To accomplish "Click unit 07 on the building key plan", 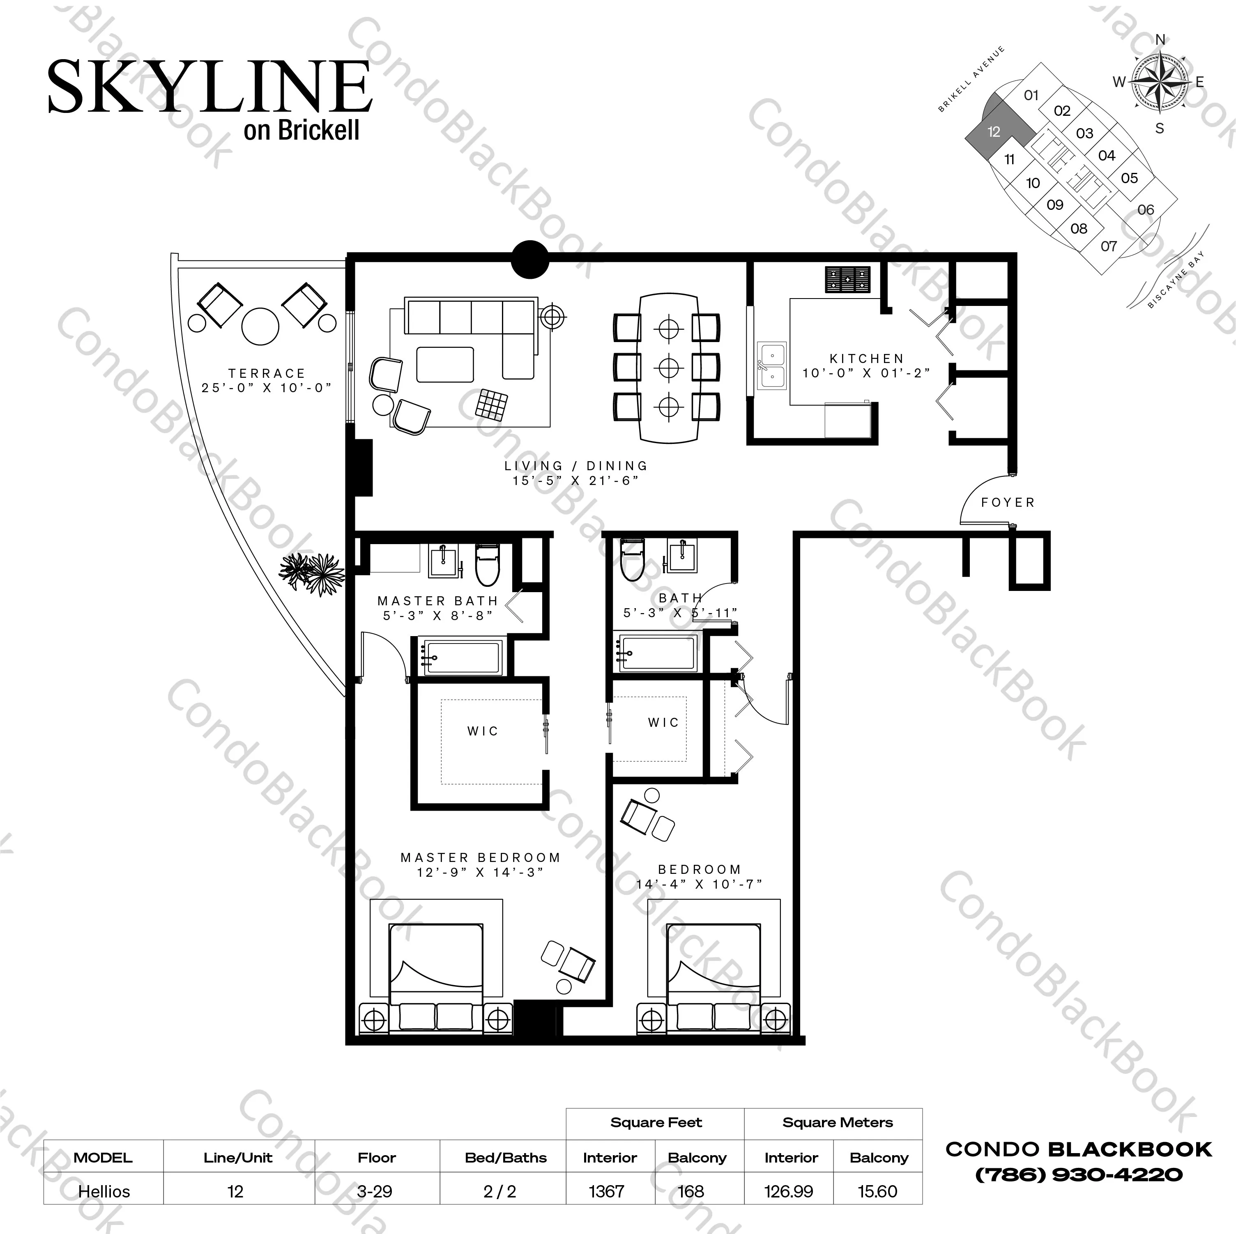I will (x=1109, y=246).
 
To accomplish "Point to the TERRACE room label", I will (x=267, y=373).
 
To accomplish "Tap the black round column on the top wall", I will (x=530, y=259).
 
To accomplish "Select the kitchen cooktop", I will (x=848, y=280).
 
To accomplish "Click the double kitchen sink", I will (x=772, y=366).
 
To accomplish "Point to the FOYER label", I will (x=1008, y=503).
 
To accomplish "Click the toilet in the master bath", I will (x=488, y=565).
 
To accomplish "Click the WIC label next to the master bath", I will (x=482, y=731).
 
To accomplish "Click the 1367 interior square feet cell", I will (x=606, y=1192).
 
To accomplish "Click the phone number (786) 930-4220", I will (x=1079, y=1174).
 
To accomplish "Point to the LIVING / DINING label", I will (x=576, y=466).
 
